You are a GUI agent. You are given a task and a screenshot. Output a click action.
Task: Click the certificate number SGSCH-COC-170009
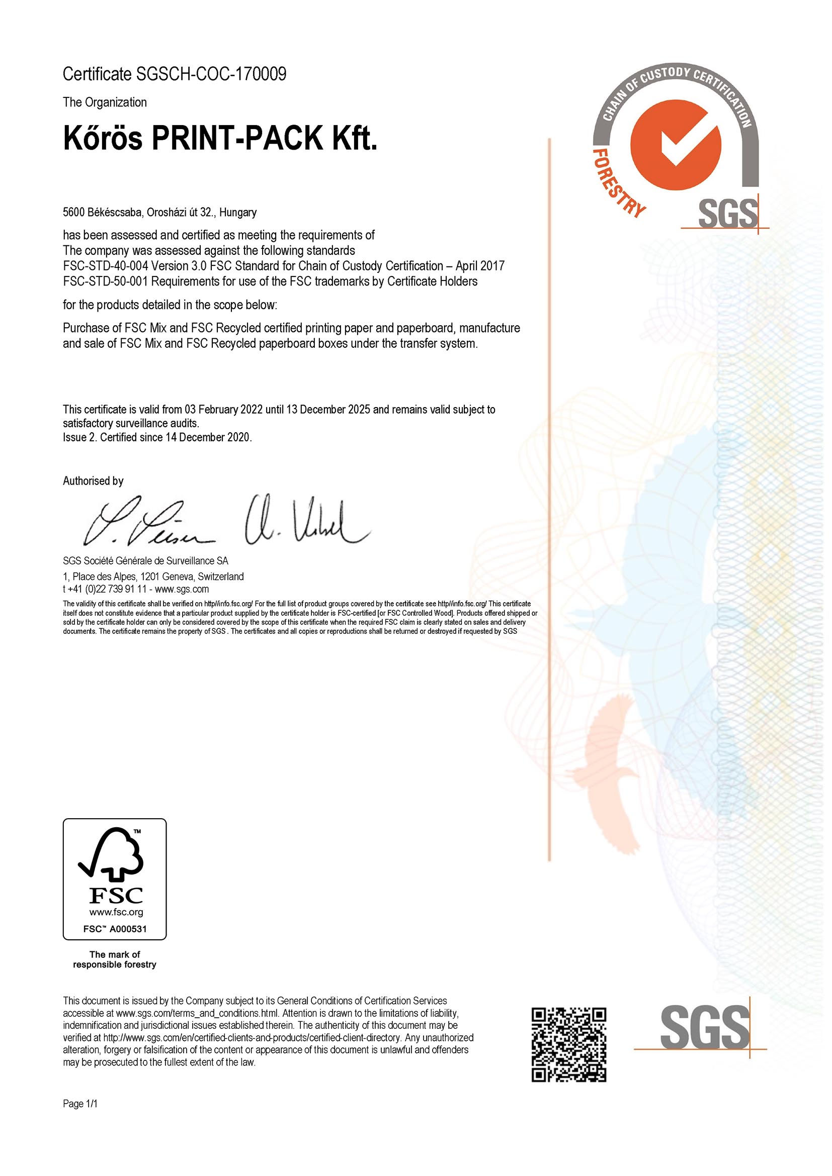tap(211, 74)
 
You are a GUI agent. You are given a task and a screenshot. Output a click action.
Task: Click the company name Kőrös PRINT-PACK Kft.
tap(220, 138)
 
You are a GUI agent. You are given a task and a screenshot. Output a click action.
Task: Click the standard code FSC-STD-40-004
tap(106, 266)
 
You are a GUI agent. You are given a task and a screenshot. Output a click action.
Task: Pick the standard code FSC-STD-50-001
tap(106, 281)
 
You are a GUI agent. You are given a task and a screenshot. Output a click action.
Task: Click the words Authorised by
tap(93, 480)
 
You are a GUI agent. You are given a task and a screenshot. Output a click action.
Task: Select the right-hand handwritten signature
tap(305, 522)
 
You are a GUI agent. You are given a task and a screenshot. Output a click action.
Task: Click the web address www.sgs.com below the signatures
tap(182, 589)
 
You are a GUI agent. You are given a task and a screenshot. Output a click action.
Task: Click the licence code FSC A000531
tap(115, 929)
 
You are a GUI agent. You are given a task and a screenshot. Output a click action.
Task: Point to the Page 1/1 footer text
tap(80, 1103)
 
